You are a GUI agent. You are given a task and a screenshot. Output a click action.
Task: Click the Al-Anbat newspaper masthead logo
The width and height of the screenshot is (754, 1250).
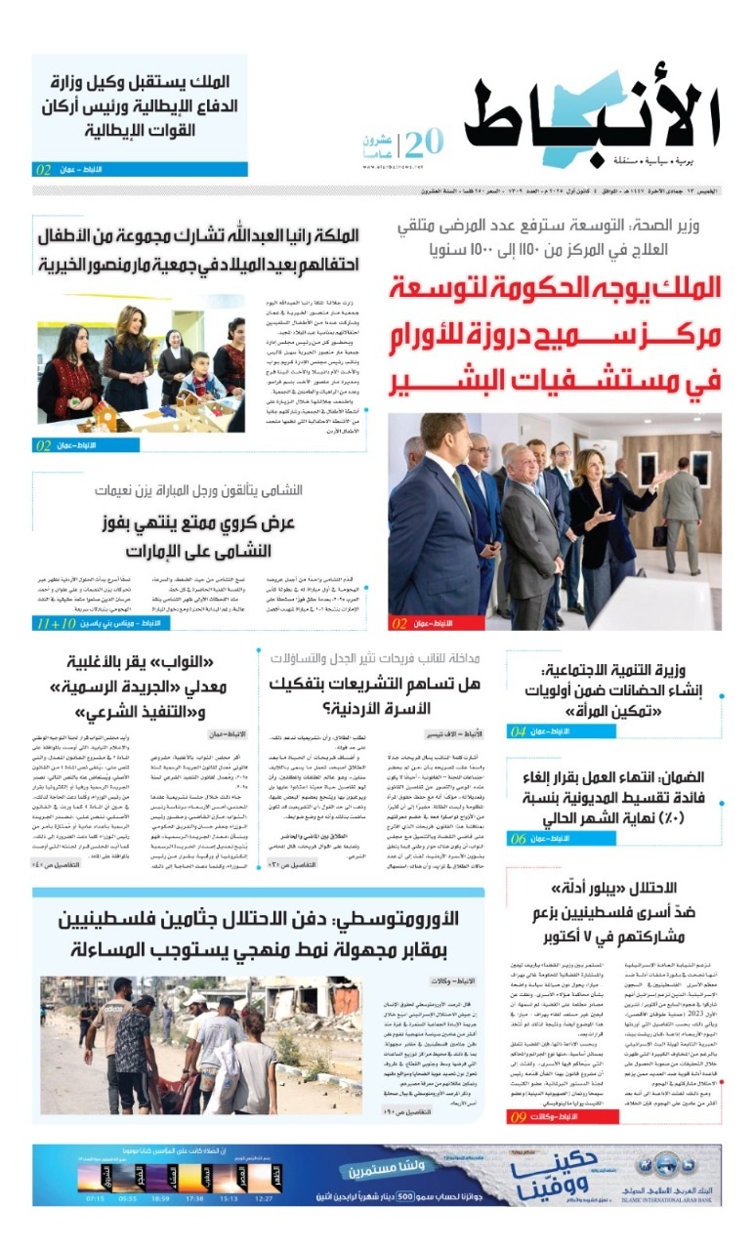pyautogui.click(x=591, y=118)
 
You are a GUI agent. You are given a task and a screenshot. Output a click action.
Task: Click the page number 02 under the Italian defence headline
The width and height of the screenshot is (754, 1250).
pyautogui.click(x=44, y=170)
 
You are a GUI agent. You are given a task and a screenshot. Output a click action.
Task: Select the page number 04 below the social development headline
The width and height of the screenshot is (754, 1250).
pyautogui.click(x=519, y=730)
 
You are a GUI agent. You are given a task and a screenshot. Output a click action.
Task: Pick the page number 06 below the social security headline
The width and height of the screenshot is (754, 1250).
pyautogui.click(x=519, y=839)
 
